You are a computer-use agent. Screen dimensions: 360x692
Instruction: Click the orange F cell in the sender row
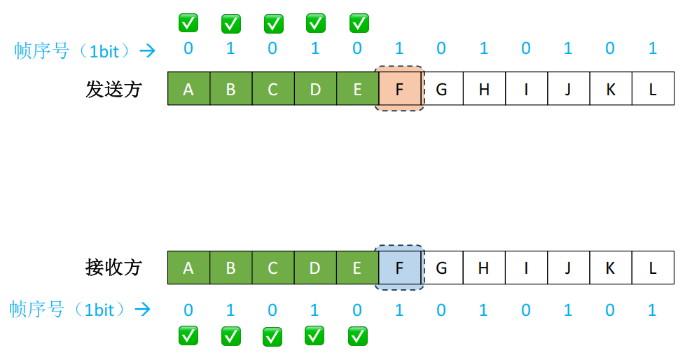(399, 88)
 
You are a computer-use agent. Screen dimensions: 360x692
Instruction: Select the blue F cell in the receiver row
(399, 267)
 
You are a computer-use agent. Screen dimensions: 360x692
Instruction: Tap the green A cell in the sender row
(188, 88)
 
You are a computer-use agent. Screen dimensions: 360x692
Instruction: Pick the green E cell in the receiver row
(357, 267)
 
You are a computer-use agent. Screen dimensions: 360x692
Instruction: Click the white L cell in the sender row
(653, 88)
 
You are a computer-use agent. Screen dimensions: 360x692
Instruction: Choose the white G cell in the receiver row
(442, 267)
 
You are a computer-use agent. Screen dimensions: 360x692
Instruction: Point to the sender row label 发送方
(113, 89)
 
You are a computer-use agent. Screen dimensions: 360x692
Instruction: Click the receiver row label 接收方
(113, 268)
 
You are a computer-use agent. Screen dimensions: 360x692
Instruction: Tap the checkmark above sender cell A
(188, 22)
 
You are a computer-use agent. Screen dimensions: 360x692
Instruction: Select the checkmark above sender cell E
(359, 22)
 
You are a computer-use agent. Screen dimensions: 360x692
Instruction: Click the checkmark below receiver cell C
(273, 336)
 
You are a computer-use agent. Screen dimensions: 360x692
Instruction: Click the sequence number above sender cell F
(399, 48)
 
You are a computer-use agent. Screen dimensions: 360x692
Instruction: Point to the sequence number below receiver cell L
(653, 310)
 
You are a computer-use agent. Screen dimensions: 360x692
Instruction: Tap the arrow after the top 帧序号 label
(147, 50)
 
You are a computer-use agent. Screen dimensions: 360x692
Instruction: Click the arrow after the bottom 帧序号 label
(143, 310)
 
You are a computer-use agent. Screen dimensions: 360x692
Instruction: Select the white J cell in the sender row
(568, 88)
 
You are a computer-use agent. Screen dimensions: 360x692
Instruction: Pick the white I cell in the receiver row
(526, 267)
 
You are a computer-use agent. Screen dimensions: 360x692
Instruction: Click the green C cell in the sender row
(273, 88)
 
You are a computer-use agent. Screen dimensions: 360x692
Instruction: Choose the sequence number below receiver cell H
(484, 310)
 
